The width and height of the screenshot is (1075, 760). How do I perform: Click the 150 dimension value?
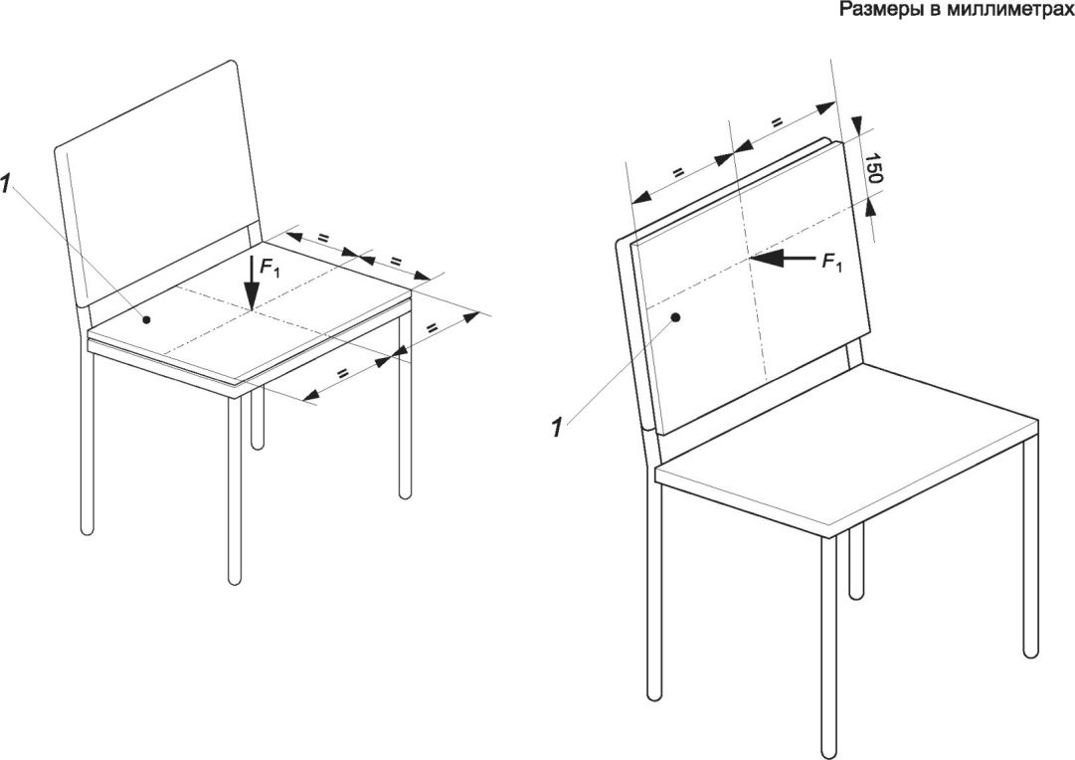click(872, 169)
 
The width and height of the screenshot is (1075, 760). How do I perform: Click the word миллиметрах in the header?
click(1017, 9)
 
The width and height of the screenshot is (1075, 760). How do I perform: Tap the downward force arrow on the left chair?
click(253, 283)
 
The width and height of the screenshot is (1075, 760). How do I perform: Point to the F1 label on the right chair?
click(831, 262)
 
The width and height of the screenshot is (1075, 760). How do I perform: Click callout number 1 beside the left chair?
click(6, 183)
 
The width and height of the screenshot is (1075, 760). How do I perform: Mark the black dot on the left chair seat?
click(145, 318)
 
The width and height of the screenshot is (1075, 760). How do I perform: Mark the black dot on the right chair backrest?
click(675, 317)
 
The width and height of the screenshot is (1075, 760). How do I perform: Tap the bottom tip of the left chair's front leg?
click(235, 583)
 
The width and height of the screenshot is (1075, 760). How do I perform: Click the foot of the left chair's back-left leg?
click(87, 531)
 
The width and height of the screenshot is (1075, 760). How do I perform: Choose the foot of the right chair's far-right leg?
click(1030, 653)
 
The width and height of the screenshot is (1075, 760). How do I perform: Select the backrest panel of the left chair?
click(158, 185)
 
